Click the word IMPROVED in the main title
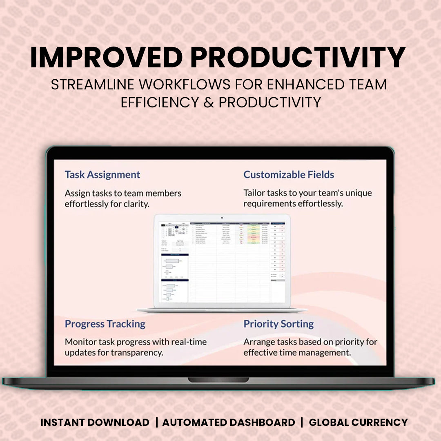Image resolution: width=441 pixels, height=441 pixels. tap(106, 58)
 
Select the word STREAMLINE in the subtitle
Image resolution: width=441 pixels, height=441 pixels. tap(92, 85)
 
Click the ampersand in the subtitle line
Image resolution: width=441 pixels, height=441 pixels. tap(209, 102)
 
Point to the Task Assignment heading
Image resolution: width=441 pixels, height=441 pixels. tap(102, 174)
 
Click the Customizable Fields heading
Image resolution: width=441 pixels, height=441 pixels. tap(289, 174)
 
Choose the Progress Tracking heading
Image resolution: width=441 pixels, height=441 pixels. tap(105, 324)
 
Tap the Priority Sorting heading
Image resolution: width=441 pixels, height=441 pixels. tap(278, 324)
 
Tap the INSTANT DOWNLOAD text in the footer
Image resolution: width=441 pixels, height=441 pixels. tap(95, 422)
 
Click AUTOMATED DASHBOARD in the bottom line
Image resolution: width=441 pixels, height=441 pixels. tap(229, 422)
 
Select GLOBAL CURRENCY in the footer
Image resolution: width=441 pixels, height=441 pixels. tap(358, 422)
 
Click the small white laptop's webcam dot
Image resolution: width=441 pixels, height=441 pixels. tap(222, 218)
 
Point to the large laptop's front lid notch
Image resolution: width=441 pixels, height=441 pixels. tap(218, 380)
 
